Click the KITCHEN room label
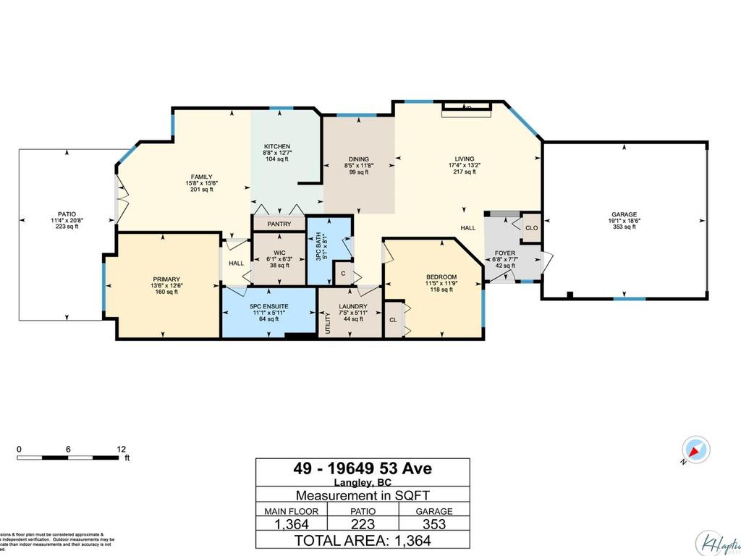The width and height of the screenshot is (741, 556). [276, 146]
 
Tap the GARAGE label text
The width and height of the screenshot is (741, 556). [624, 214]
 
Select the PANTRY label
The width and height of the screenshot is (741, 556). [279, 224]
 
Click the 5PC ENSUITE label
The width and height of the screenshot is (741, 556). [268, 306]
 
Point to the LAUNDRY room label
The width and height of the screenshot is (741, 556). [353, 306]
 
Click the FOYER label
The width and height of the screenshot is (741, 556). [504, 253]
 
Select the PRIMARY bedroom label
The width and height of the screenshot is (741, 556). [166, 279]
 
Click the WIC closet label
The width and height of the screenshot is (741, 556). [279, 253]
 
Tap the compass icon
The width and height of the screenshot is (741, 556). [697, 450]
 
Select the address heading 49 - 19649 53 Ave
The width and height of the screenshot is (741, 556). [363, 469]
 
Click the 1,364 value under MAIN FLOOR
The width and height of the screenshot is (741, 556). [292, 523]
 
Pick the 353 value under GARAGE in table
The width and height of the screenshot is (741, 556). [433, 523]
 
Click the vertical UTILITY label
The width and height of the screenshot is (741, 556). [328, 321]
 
